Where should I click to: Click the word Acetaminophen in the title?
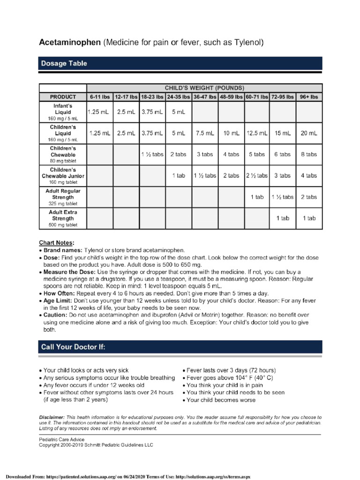69,43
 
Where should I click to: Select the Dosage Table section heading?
63,63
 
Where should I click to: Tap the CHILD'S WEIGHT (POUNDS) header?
204,88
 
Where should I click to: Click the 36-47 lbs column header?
205,97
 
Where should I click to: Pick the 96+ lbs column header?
309,97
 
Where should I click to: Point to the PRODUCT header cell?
63,97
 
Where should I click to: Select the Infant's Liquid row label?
63,112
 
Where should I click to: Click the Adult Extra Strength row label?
63,218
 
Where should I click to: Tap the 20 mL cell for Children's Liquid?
309,133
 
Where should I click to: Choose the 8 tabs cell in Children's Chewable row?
309,154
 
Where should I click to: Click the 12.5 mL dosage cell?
256,133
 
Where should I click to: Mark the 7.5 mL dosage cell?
205,133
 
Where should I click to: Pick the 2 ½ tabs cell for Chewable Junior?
256,176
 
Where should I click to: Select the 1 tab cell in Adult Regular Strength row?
256,197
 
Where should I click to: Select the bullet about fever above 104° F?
230,377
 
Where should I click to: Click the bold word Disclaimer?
52,417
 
